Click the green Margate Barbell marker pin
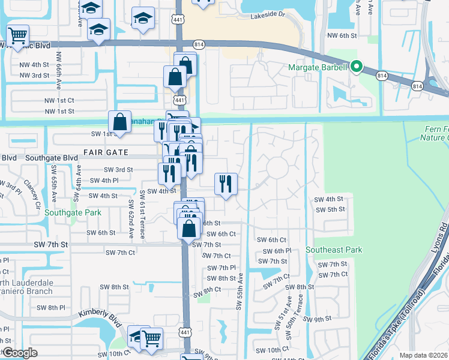click(357, 67)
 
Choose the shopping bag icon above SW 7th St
click(188, 228)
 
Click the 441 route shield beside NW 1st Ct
click(179, 99)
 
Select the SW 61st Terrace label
click(142, 215)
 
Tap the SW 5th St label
click(330, 209)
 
